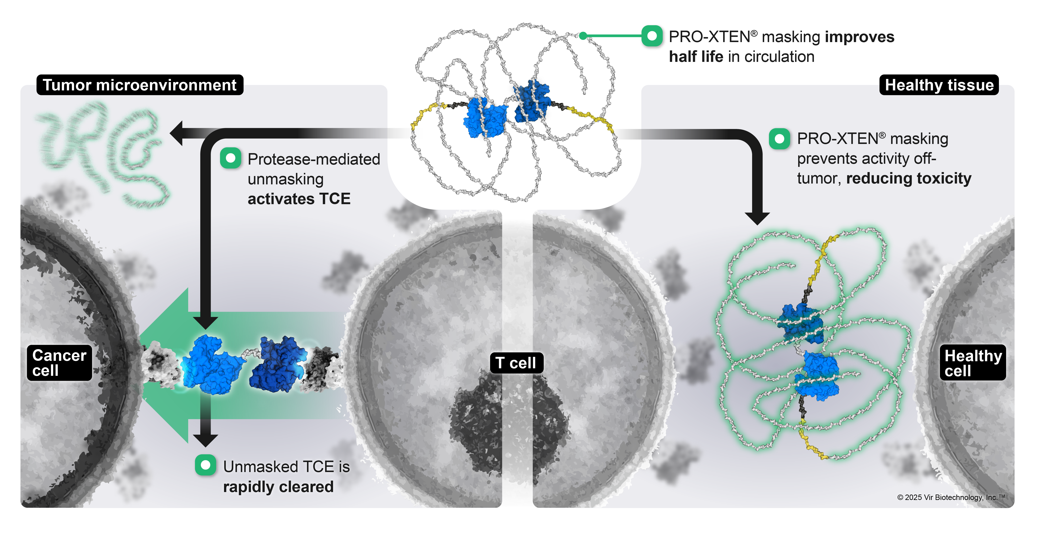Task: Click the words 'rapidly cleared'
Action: (278, 487)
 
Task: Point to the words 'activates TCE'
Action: (299, 199)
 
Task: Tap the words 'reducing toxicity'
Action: (908, 178)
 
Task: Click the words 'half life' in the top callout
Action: (696, 57)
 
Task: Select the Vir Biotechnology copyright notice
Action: (951, 497)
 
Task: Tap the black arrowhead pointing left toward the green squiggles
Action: (177, 133)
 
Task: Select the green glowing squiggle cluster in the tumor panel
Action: (101, 154)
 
